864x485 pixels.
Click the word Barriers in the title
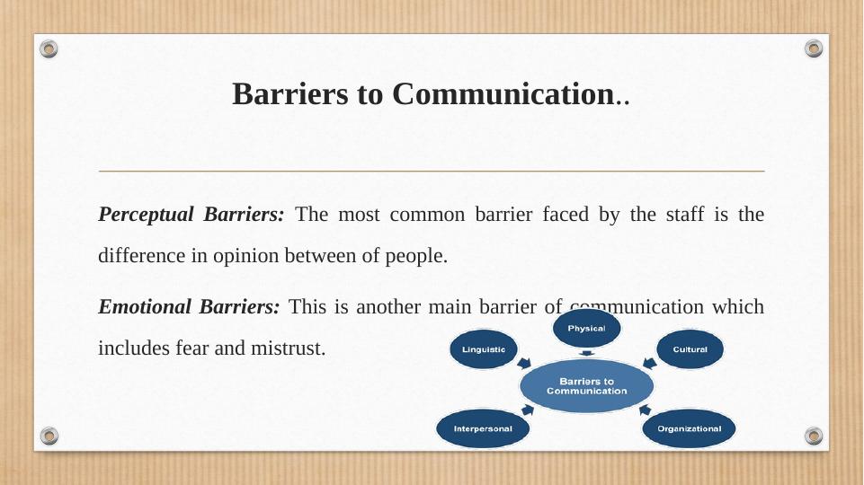289,93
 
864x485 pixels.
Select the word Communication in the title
503,93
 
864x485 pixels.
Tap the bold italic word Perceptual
146,215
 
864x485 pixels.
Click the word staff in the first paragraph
685,214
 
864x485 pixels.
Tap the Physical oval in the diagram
586,328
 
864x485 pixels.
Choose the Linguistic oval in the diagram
483,349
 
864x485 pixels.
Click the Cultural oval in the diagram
690,349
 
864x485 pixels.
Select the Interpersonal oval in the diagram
483,428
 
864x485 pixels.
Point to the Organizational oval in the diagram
689,428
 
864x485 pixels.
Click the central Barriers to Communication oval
586,386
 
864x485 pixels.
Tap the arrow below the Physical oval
587,353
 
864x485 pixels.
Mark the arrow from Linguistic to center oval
524,363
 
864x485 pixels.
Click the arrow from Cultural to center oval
650,364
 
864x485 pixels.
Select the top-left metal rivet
49,48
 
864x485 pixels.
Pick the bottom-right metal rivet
814,436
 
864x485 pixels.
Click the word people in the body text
416,256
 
